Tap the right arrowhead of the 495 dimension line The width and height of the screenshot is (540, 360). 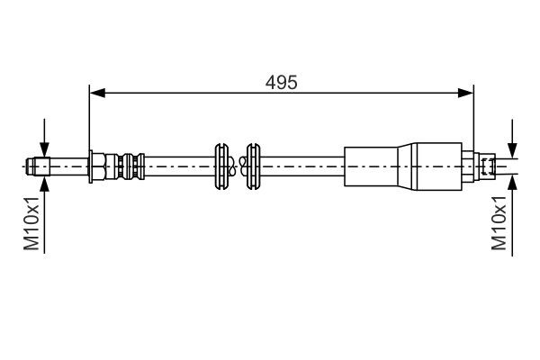[468, 92]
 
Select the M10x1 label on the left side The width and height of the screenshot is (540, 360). [31, 226]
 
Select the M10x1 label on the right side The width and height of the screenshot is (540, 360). [499, 226]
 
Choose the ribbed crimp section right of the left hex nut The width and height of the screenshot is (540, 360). [126, 166]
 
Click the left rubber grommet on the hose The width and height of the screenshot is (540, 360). [220, 166]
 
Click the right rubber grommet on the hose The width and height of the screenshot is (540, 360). [255, 166]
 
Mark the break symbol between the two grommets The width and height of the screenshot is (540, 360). [238, 166]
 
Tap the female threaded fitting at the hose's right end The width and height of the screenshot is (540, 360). [486, 166]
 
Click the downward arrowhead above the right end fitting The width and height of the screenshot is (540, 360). [512, 151]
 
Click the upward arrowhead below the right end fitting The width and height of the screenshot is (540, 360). [512, 180]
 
